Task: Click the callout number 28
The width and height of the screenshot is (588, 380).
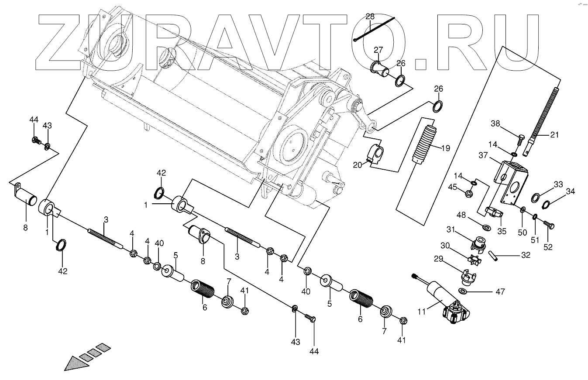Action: pos(370,17)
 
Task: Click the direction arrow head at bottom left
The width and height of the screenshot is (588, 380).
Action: pos(72,363)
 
